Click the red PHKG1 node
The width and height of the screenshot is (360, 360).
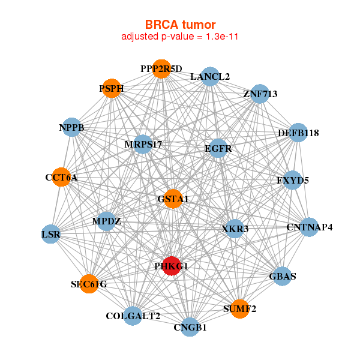click(172, 266)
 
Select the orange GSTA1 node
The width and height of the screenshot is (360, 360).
click(173, 199)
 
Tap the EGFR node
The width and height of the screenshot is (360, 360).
click(218, 148)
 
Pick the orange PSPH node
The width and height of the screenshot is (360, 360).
click(112, 88)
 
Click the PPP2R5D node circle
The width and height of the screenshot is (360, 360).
click(161, 69)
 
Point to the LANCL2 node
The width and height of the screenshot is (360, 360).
click(210, 77)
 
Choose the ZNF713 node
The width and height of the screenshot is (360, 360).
click(260, 94)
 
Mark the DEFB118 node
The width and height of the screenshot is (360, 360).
click(298, 133)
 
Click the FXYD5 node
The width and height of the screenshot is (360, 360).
click(293, 180)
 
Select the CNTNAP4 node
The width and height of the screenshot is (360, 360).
click(309, 227)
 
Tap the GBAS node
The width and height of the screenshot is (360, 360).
click(283, 276)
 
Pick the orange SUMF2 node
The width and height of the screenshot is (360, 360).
click(239, 309)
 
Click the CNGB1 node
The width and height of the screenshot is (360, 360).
click(190, 327)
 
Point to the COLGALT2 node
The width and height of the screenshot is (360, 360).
click(133, 316)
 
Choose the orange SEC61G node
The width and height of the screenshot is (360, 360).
click(89, 284)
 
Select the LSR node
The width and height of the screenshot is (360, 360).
click(51, 234)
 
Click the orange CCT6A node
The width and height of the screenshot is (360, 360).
click(61, 177)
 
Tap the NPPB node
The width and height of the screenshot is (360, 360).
click(72, 127)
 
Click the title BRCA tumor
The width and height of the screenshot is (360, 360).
click(180, 25)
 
